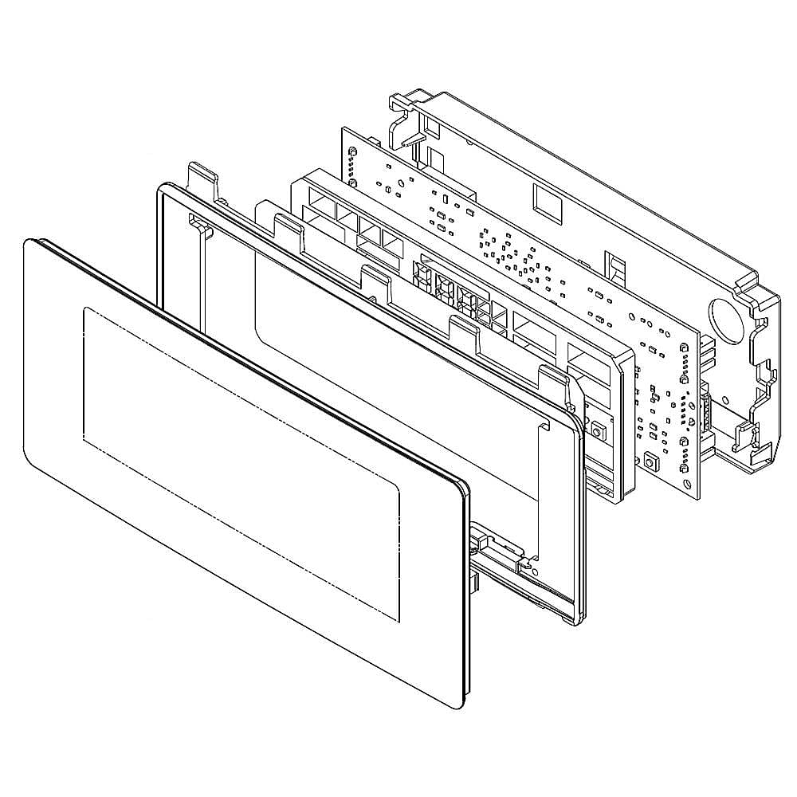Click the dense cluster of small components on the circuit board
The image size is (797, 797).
coord(510,255)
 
